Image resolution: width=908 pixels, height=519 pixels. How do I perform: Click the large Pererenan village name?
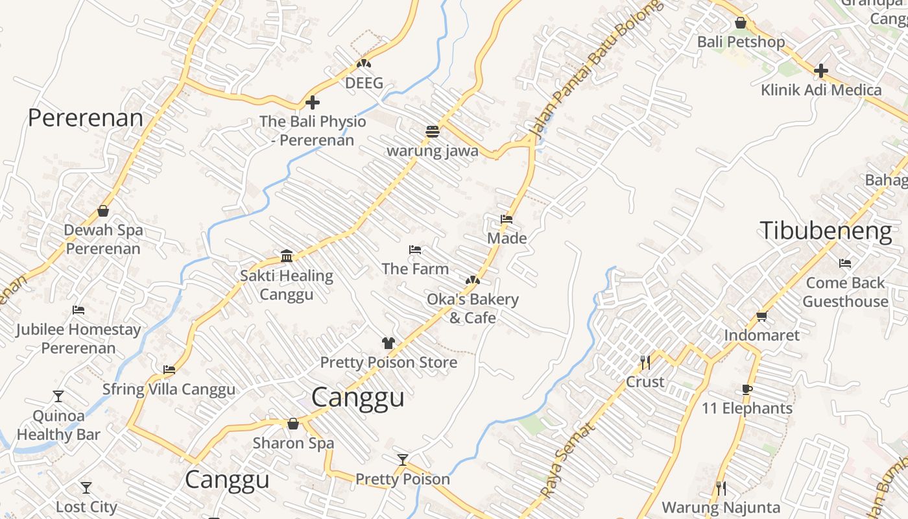[x=85, y=118]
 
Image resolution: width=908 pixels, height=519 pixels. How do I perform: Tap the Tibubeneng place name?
[x=826, y=231]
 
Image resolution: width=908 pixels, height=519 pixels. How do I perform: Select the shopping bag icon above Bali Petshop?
[x=741, y=23]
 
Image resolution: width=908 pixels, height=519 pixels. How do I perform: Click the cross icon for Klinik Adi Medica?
[x=821, y=71]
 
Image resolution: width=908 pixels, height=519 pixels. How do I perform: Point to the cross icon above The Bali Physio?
[x=313, y=103]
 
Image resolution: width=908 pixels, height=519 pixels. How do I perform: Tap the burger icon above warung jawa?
[x=433, y=132]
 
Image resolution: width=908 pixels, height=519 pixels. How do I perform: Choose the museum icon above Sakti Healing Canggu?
[x=287, y=256]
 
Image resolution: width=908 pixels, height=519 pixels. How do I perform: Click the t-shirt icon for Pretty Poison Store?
[x=388, y=343]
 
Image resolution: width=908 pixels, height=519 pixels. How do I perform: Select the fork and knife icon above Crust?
[x=645, y=363]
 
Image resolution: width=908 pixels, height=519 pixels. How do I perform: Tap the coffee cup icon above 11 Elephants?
[x=747, y=389]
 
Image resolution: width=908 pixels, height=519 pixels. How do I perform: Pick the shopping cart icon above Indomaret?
[x=761, y=316]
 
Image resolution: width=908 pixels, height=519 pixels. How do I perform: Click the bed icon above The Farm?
[x=415, y=250]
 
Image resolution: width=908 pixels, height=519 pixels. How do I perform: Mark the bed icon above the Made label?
[x=507, y=219]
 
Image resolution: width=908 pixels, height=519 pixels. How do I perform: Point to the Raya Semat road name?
[x=567, y=461]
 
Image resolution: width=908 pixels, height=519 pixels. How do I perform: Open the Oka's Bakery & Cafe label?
[x=473, y=308]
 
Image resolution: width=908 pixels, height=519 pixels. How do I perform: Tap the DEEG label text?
[x=364, y=83]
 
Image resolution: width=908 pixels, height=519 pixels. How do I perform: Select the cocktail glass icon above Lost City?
[x=86, y=487]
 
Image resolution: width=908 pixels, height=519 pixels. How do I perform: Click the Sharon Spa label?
[x=293, y=443]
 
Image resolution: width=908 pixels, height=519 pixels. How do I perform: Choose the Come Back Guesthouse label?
[x=845, y=292]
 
